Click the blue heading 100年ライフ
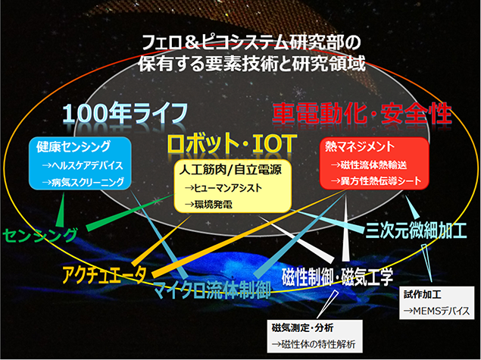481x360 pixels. tap(125, 113)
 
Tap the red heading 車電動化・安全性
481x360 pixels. tap(362, 114)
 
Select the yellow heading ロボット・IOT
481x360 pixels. tap(233, 143)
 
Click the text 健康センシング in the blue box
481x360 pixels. tap(73, 147)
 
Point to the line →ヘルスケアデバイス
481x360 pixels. tap(83, 165)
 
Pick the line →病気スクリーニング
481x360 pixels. tap(83, 183)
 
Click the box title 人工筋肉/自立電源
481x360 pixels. tap(230, 170)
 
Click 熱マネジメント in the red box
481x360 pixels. tap(360, 147)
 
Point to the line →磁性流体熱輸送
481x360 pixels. tap(369, 165)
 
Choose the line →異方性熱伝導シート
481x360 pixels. tap(376, 181)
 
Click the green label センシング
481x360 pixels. tap(40, 236)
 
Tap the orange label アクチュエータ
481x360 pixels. tap(104, 274)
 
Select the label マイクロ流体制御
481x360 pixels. tap(211, 290)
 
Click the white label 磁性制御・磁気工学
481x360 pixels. tap(337, 277)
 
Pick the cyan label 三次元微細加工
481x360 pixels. tap(416, 230)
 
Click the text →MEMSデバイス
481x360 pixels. tap(436, 311)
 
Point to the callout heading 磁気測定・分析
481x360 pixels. tap(302, 327)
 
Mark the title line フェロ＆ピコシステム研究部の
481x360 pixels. tap(251, 43)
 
